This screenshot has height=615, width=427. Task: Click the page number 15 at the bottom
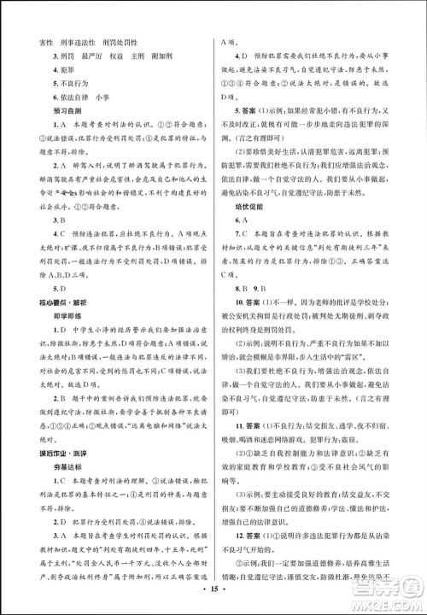[x=213, y=591]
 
